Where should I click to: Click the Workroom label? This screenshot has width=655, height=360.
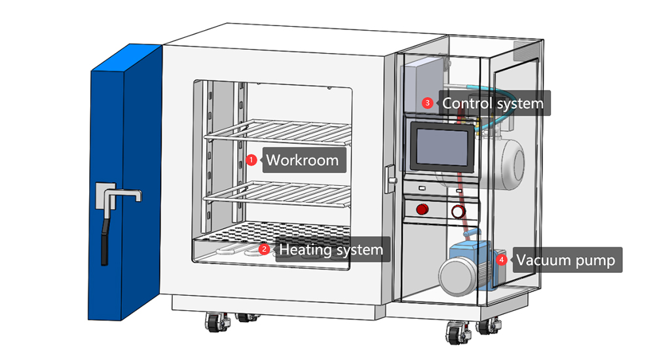[x=303, y=160]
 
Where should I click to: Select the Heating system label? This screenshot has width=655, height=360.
[x=331, y=249]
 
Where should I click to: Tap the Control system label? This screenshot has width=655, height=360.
[x=493, y=103]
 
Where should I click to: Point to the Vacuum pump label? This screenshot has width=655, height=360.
[x=565, y=261]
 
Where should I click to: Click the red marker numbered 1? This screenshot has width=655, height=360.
[x=251, y=160]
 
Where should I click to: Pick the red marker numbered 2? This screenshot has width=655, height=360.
[x=264, y=249]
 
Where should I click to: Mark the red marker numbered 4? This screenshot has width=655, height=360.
[x=502, y=260]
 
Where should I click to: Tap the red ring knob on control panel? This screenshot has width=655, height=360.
[x=457, y=211]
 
